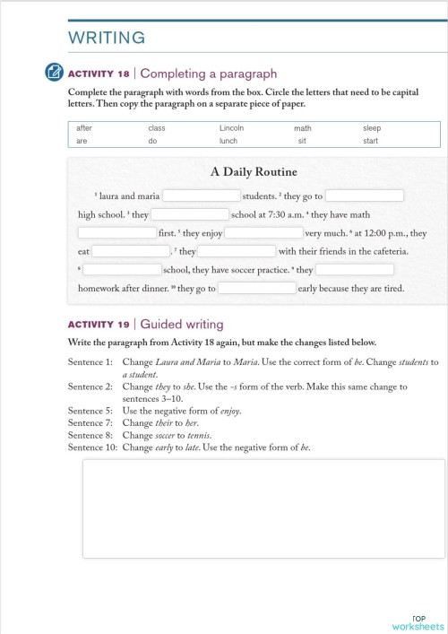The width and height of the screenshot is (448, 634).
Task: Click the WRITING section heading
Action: pyautogui.click(x=106, y=37)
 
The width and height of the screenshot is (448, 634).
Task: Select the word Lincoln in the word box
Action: pyautogui.click(x=231, y=128)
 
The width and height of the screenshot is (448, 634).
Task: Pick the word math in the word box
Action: pyautogui.click(x=302, y=128)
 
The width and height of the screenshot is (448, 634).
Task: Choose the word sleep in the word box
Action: pyautogui.click(x=372, y=128)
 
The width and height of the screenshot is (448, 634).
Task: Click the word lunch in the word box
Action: pyautogui.click(x=228, y=141)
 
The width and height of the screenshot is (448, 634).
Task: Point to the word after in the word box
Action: pyautogui.click(x=84, y=128)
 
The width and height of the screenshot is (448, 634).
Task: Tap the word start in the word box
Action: pyautogui.click(x=370, y=141)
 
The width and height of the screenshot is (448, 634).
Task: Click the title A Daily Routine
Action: pyautogui.click(x=254, y=172)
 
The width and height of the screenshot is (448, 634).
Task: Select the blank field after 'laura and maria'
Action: pyautogui.click(x=201, y=195)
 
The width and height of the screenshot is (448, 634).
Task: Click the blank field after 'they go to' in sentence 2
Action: pyautogui.click(x=365, y=195)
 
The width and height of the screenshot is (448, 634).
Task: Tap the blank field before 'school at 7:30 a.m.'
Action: pyautogui.click(x=190, y=214)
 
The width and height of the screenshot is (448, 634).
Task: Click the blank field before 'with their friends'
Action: pyautogui.click(x=237, y=252)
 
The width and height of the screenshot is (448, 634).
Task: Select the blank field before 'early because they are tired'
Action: pyautogui.click(x=257, y=289)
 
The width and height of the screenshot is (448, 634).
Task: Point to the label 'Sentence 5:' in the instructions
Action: pyautogui.click(x=90, y=412)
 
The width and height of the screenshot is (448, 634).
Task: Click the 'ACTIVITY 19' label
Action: pyautogui.click(x=99, y=325)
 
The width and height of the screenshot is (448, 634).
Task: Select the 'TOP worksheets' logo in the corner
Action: pyautogui.click(x=418, y=623)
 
